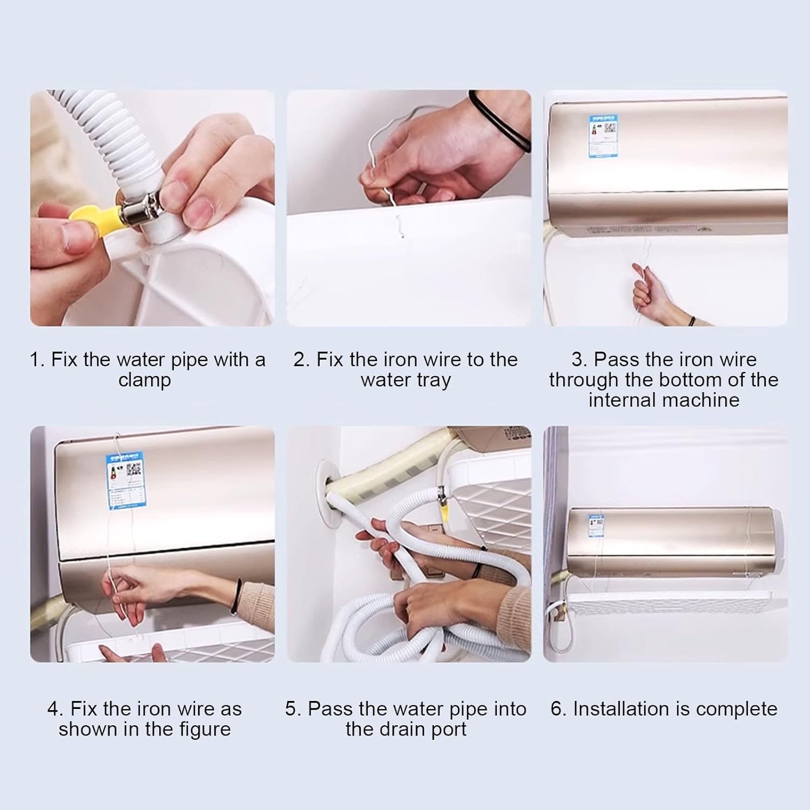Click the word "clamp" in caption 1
point(144,380)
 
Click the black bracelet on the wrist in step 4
point(234,603)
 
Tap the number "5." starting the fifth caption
point(293,708)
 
